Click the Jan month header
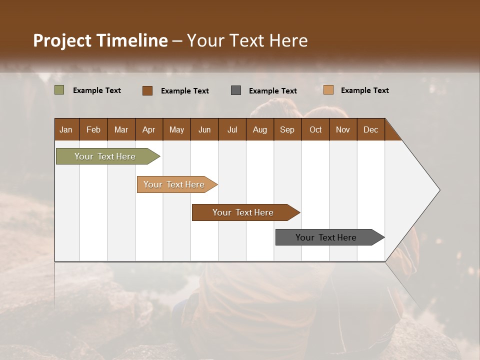point(66,129)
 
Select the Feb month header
point(93,129)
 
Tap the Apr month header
point(148,129)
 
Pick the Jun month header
point(204,129)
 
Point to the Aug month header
point(259,129)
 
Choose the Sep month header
point(287,129)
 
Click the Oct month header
point(315,129)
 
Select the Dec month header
point(370,129)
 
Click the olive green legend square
point(59,90)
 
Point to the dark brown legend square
point(147,90)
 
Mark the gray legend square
point(236,90)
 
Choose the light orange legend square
point(328,90)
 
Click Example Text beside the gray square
point(272,90)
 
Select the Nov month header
point(343,129)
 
